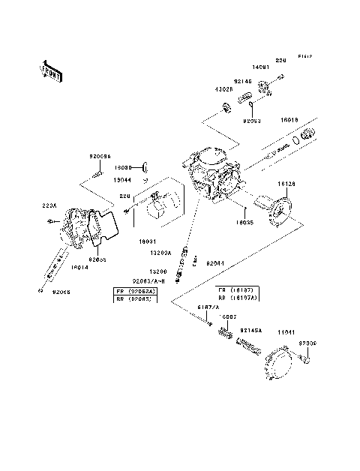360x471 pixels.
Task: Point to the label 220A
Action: click(x=49, y=204)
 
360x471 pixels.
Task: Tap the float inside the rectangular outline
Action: click(x=161, y=206)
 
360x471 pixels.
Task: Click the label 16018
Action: click(x=290, y=119)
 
